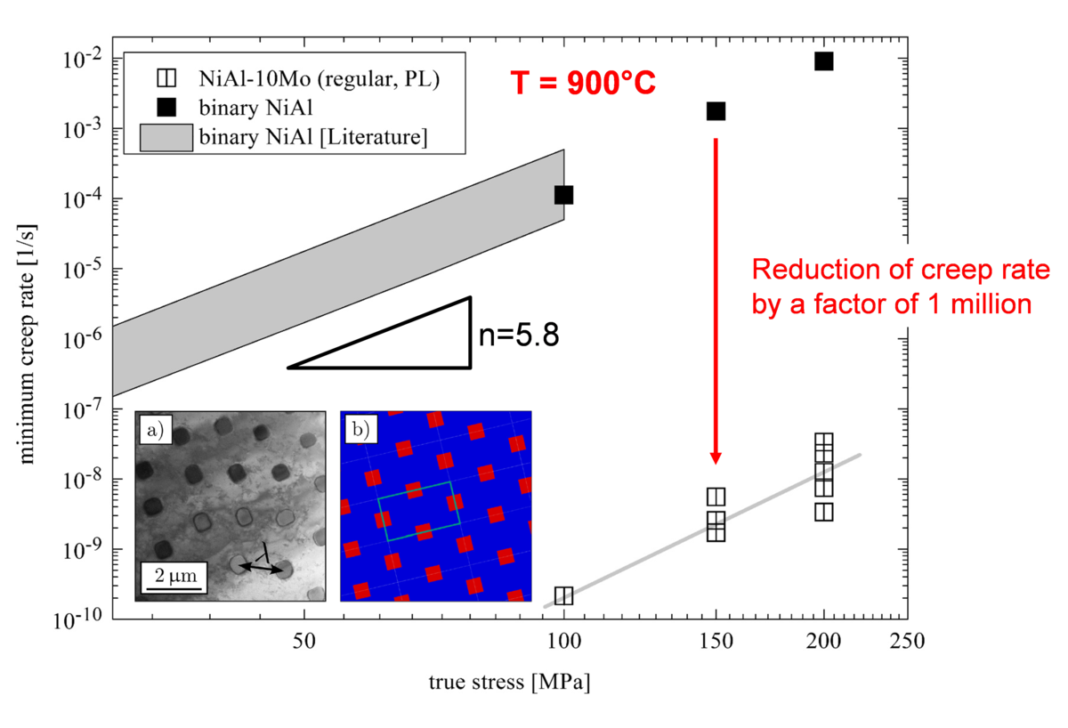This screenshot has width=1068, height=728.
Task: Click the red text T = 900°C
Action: (582, 83)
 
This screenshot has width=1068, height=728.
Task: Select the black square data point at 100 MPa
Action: (563, 195)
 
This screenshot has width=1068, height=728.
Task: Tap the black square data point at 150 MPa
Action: (716, 111)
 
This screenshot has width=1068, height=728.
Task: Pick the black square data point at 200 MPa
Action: (824, 61)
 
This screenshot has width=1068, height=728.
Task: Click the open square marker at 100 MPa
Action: (563, 595)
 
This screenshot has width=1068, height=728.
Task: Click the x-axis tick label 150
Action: (716, 639)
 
